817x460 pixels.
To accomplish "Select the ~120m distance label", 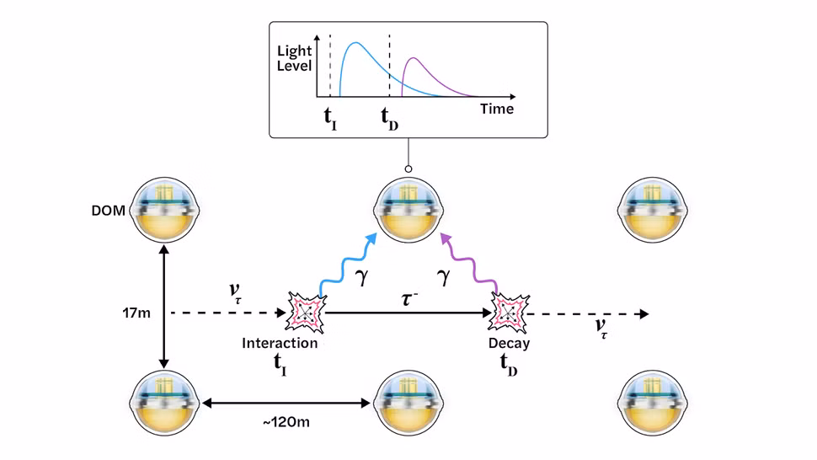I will pos(285,421).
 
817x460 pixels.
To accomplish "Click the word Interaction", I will pos(280,343).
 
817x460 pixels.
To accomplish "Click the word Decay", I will pos(510,343).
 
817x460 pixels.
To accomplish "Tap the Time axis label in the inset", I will pos(497,109).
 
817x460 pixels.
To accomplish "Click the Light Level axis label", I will pos(295,58).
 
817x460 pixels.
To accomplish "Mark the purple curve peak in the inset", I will pos(414,59).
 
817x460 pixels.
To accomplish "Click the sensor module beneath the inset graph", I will pos(408,206).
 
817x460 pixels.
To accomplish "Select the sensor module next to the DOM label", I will pos(165,206).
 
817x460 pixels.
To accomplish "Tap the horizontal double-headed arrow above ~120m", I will pos(286,404).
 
